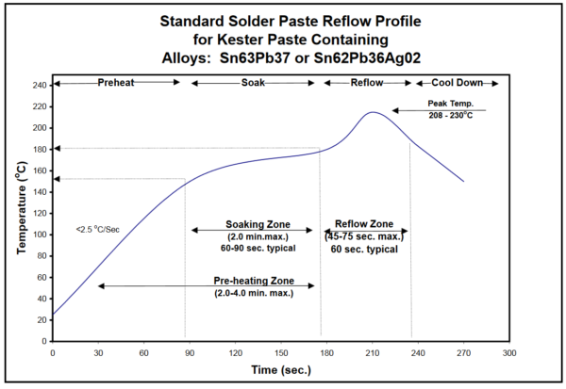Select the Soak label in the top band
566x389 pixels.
pos(252,83)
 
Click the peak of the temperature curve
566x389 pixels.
pos(374,112)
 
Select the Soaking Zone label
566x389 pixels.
pos(252,224)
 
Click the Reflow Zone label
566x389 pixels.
pos(364,224)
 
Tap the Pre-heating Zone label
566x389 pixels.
pos(252,282)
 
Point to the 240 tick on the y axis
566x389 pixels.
pos(40,85)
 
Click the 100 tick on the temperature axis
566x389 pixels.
pos(40,235)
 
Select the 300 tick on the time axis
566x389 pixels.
pos(509,352)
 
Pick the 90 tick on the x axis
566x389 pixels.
pos(190,352)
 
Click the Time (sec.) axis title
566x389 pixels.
pos(280,372)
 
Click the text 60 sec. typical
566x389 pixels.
pos(364,249)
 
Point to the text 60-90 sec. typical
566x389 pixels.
pos(252,248)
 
